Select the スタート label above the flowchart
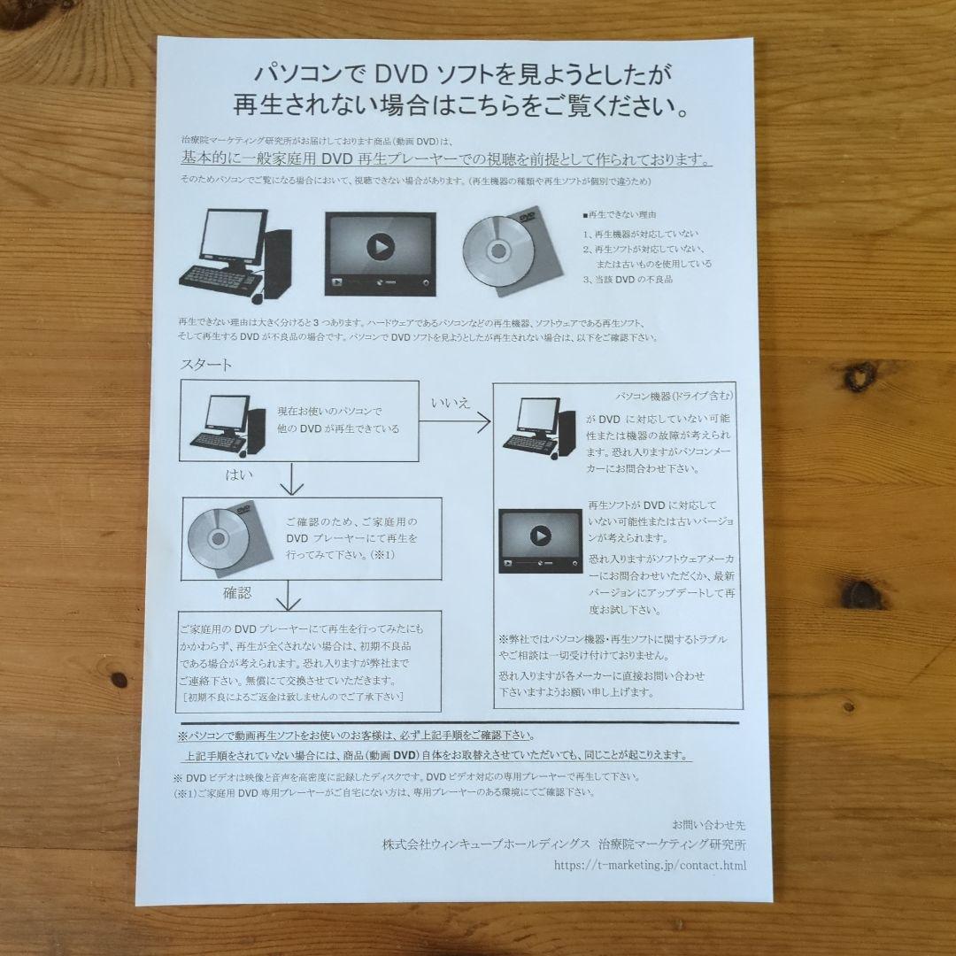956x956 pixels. (205, 366)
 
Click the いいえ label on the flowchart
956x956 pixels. (450, 404)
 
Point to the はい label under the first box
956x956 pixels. (239, 476)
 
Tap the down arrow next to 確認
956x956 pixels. (288, 597)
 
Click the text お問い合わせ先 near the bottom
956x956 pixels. (709, 824)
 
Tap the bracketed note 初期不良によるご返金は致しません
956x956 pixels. (292, 697)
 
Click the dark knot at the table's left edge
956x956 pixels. (119, 679)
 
